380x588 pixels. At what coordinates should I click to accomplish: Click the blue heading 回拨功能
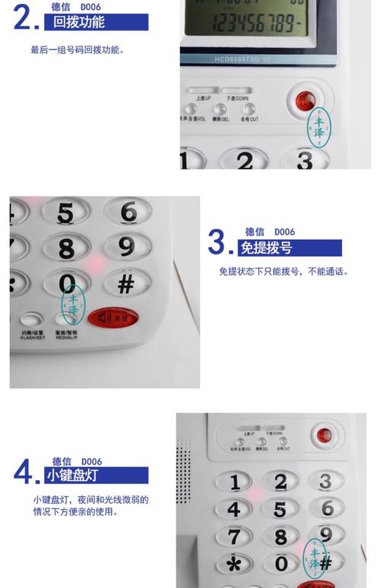point(79,23)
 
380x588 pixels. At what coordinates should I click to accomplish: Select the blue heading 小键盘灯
point(70,476)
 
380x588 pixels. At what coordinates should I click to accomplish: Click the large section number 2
point(25,18)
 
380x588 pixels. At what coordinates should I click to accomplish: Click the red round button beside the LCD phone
point(305,100)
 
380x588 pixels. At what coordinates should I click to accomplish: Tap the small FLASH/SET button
point(31,321)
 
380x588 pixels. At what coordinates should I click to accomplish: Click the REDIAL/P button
point(65,321)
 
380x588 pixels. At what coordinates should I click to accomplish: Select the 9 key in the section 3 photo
point(126,246)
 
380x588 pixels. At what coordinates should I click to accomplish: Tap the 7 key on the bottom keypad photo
point(235,536)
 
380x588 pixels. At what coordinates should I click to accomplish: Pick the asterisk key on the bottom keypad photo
point(235,564)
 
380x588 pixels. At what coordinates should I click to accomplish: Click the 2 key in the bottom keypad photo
point(280,482)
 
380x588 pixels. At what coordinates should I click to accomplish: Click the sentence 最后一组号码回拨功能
point(77,50)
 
